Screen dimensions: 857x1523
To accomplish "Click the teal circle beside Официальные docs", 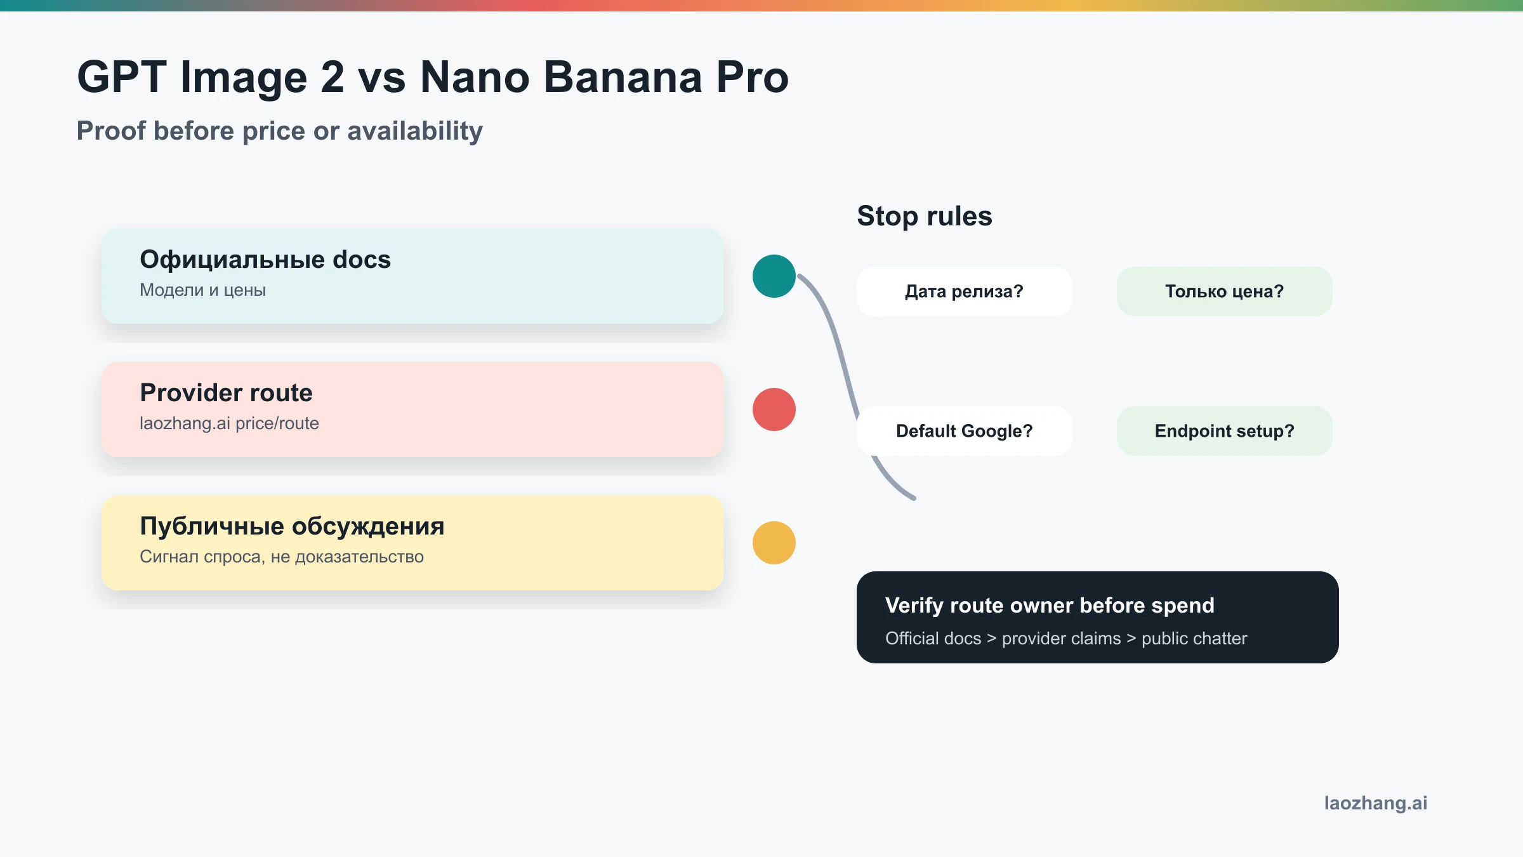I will click(774, 276).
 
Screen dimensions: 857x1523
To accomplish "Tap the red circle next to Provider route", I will click(774, 409).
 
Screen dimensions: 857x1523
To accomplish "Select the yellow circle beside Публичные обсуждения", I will click(774, 543).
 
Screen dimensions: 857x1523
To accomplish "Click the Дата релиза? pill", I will click(964, 291).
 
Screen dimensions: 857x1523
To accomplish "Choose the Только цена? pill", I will click(1224, 291).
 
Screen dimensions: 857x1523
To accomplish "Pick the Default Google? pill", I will click(964, 431).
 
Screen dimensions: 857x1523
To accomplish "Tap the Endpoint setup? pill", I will click(1224, 431).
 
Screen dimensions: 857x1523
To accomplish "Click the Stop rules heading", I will click(924, 216).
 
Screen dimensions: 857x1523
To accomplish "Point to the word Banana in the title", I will click(623, 77).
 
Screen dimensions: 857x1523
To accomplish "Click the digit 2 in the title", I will click(332, 77).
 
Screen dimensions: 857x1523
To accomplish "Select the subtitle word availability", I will click(415, 131).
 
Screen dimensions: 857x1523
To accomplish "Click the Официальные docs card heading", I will click(265, 260).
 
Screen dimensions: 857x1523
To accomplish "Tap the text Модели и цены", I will click(202, 290).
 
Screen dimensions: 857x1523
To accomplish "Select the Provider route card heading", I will click(226, 393).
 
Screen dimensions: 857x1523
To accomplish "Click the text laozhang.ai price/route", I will click(229, 423).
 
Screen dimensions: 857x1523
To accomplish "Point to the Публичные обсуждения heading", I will click(292, 526).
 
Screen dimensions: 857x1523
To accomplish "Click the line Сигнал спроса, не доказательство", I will click(281, 557).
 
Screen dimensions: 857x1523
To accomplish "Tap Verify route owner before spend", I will click(1050, 606).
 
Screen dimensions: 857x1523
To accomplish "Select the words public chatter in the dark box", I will click(1194, 639).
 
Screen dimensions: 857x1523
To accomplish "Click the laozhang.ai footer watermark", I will click(1375, 803).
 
